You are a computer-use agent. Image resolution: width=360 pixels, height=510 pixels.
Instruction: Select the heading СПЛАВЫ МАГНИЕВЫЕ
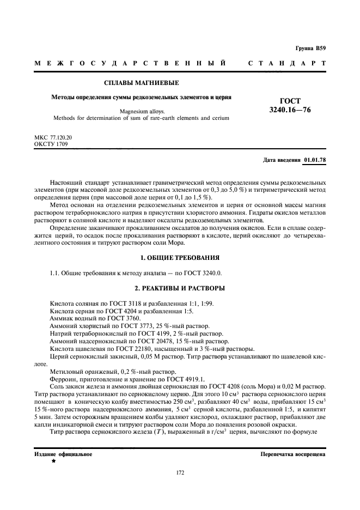click(142, 83)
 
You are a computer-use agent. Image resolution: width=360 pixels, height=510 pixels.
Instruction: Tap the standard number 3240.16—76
click(290, 110)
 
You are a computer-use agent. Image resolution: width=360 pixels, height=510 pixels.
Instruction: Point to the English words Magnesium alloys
click(141, 111)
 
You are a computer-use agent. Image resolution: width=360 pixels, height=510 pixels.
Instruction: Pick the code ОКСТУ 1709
click(51, 145)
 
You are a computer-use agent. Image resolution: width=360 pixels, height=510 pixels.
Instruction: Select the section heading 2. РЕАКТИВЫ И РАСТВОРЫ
click(180, 288)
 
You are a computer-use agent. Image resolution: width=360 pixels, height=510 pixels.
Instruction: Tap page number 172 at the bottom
click(180, 472)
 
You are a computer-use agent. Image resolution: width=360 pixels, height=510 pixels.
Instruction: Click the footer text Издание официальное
click(63, 453)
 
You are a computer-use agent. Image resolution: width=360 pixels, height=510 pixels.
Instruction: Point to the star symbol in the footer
click(53, 461)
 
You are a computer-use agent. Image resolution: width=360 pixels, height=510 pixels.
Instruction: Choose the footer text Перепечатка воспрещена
click(293, 453)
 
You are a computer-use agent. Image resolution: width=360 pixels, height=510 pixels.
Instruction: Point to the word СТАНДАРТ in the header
click(287, 64)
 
